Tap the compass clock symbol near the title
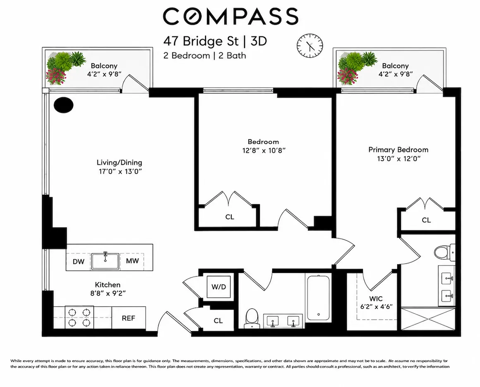pos(310,46)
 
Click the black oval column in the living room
pos(64,105)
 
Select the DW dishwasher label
pos(78,262)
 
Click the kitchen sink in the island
pos(105,261)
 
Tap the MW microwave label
pos(132,261)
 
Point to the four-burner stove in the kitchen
pos(79,318)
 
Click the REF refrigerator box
pos(129,318)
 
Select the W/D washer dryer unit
pos(218,287)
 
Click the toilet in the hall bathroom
pos(252,318)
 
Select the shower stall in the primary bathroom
pos(427,319)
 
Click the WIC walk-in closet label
pos(376,299)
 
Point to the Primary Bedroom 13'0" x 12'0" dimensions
pos(398,159)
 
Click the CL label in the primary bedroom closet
pos(426,220)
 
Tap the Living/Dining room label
pos(120,162)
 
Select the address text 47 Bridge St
pos(201,41)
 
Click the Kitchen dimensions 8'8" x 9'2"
pos(106,293)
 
